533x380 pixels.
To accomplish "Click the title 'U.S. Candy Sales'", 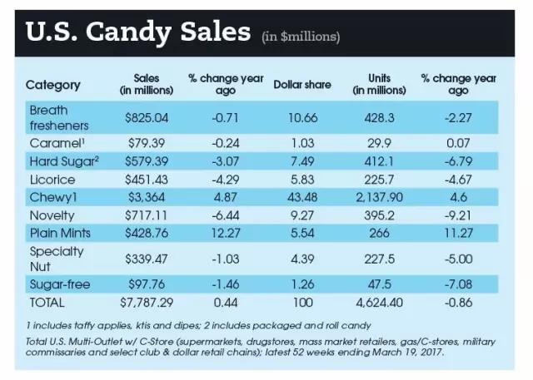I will [138, 32].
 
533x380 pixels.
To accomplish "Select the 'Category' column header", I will [53, 85].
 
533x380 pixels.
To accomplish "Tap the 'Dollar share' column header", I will [301, 85].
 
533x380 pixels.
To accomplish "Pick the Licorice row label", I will [52, 179].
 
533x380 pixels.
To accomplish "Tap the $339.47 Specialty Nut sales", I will [147, 258].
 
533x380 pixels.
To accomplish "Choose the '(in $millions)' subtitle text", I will [301, 37].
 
